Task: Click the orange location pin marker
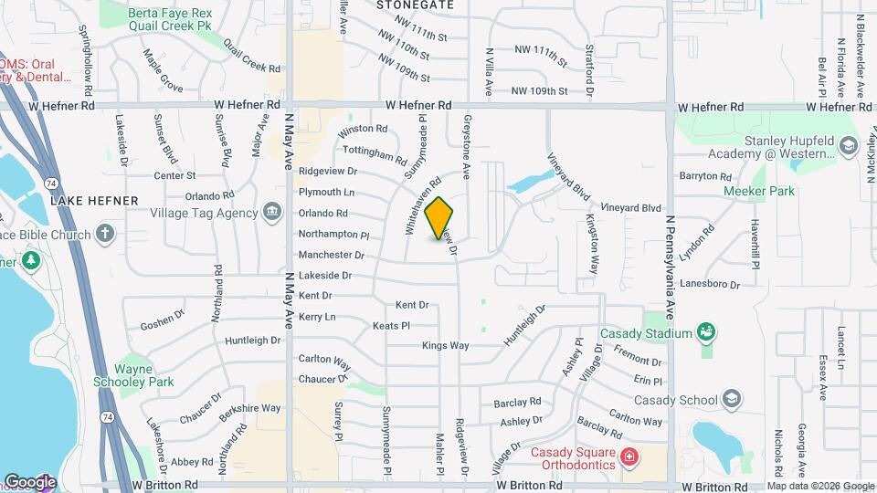click(x=438, y=218)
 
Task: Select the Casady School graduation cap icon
click(x=731, y=398)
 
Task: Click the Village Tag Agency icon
click(x=272, y=213)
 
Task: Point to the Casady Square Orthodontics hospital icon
click(x=629, y=456)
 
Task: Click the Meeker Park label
click(x=758, y=191)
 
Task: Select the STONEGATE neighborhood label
click(x=416, y=5)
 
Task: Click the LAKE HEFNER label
click(x=94, y=200)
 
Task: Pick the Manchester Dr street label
click(x=325, y=255)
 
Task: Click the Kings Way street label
click(x=445, y=346)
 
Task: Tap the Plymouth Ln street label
click(x=326, y=193)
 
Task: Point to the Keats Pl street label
click(x=391, y=325)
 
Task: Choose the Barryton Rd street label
click(x=705, y=176)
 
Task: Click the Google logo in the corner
click(x=29, y=481)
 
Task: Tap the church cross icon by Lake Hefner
click(x=105, y=233)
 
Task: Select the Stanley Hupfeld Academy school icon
click(x=848, y=146)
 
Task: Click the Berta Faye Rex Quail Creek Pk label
click(x=169, y=19)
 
